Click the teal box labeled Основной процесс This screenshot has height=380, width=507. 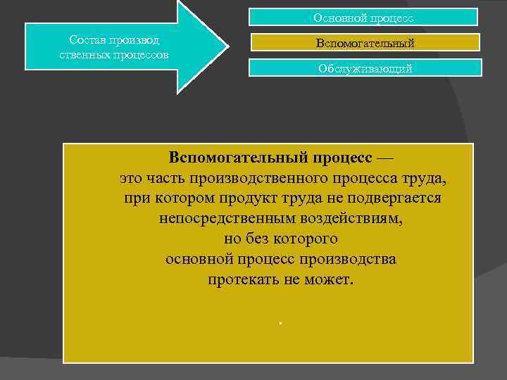363,17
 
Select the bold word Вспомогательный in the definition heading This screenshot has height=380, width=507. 230,155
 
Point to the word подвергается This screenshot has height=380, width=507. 396,197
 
